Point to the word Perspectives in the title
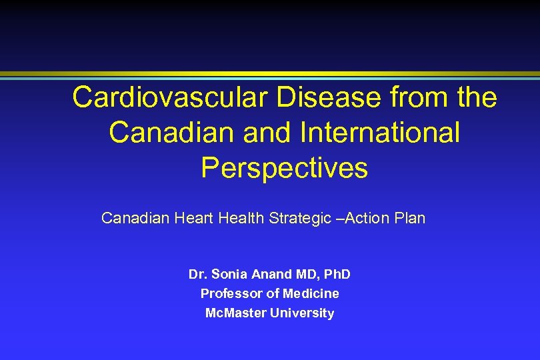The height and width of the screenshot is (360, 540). pos(284,167)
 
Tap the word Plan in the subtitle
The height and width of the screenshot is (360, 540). pos(411,218)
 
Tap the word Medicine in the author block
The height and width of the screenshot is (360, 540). pos(311,293)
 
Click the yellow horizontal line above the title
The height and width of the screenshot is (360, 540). pos(270,73)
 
